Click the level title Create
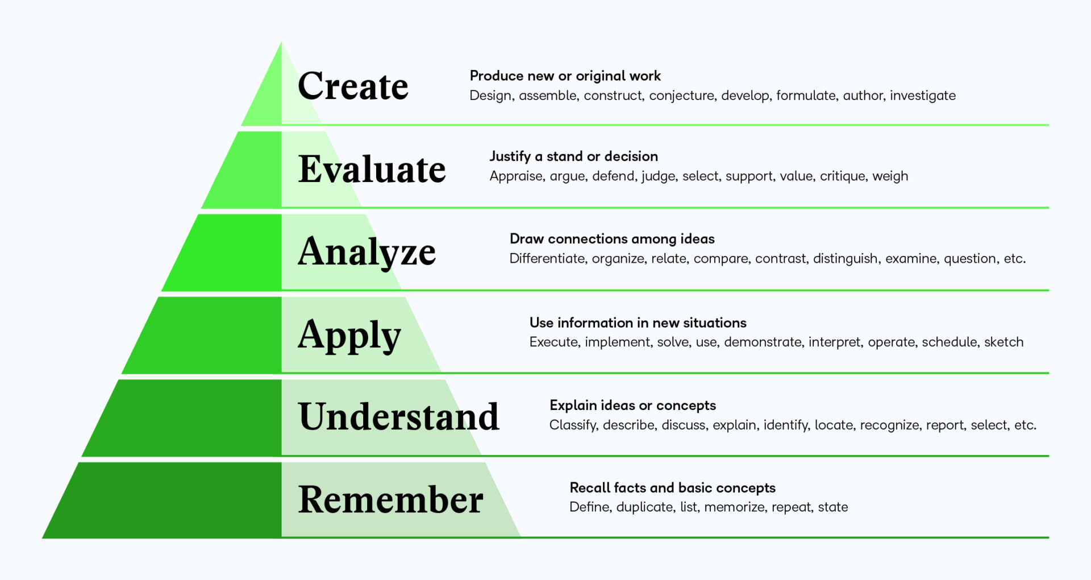pyautogui.click(x=353, y=86)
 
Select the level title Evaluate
pyautogui.click(x=372, y=169)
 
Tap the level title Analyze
pyautogui.click(x=367, y=251)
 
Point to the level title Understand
pyautogui.click(x=398, y=416)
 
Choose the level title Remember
pyautogui.click(x=390, y=499)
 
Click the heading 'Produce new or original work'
pyautogui.click(x=565, y=76)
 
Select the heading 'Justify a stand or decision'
pyautogui.click(x=573, y=156)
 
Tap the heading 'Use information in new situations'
pyautogui.click(x=638, y=322)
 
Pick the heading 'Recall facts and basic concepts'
pyautogui.click(x=672, y=487)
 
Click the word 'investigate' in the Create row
pyautogui.click(x=922, y=96)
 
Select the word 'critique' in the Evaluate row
pyautogui.click(x=842, y=176)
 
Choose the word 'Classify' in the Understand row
pyautogui.click(x=573, y=425)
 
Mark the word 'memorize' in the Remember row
pyautogui.click(x=734, y=507)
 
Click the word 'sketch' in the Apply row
pyautogui.click(x=1003, y=342)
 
